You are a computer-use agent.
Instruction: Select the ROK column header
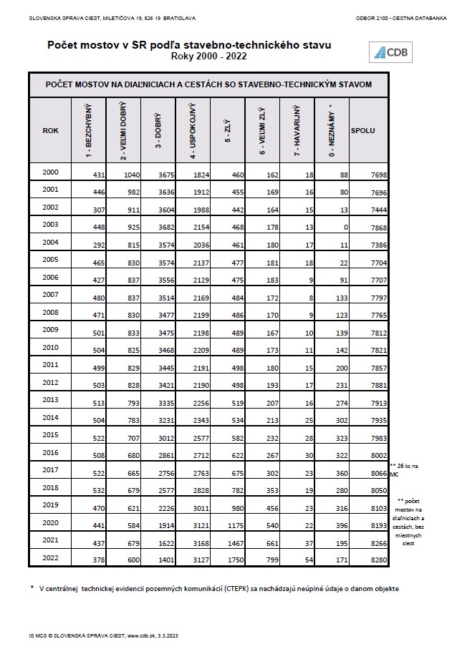(50, 130)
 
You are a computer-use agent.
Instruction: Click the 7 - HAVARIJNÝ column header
(297, 130)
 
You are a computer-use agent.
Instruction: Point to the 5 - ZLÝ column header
(228, 130)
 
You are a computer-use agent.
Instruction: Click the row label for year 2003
(50, 225)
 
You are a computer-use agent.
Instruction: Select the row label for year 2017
(50, 469)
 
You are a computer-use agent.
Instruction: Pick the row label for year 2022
(50, 557)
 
